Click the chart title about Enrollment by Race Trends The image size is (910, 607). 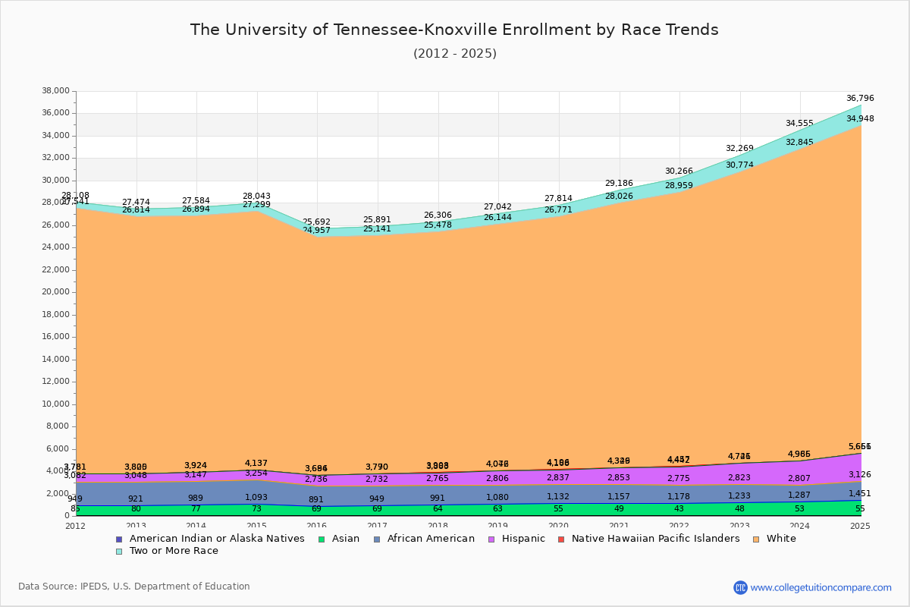click(454, 30)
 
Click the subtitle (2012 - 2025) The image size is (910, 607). click(454, 53)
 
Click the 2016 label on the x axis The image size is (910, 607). click(317, 526)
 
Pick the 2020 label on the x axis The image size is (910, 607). click(559, 526)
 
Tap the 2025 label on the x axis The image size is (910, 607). click(861, 526)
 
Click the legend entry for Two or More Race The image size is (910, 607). click(174, 551)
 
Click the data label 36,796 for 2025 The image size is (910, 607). click(860, 98)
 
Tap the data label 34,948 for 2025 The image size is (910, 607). click(860, 118)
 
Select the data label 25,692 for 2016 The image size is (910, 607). click(316, 222)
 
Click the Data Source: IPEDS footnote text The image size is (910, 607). click(134, 587)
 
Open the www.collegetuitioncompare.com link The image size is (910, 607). click(821, 587)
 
